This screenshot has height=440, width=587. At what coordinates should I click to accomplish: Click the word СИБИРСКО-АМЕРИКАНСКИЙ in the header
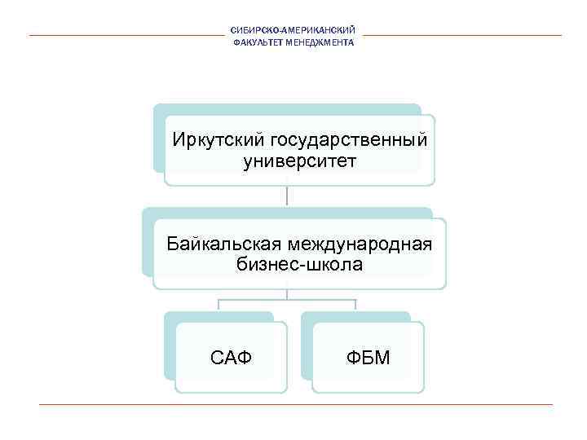[x=293, y=31]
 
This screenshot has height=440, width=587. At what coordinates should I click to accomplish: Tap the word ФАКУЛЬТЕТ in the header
[x=256, y=42]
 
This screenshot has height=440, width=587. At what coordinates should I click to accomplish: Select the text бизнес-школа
[x=299, y=264]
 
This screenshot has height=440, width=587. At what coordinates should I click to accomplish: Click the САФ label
[x=232, y=356]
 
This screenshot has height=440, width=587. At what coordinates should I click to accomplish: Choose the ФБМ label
[x=369, y=356]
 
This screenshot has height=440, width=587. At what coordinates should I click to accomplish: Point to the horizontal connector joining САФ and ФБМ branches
[x=287, y=300]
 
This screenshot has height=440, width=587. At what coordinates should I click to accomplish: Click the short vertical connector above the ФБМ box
[x=356, y=306]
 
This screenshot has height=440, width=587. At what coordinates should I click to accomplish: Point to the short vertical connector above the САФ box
[x=218, y=306]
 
